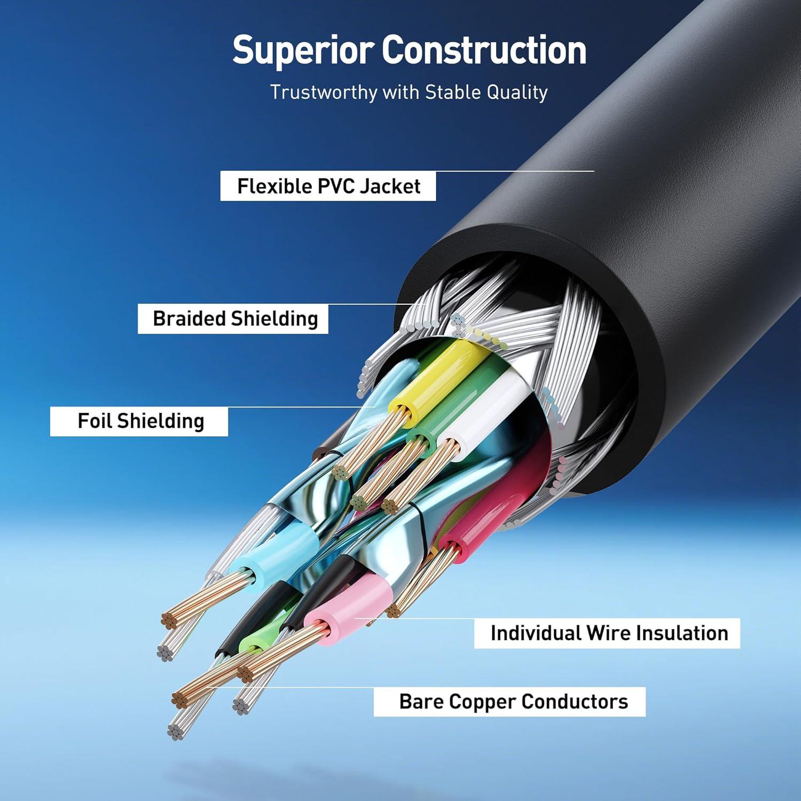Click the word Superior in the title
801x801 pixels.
tap(303, 51)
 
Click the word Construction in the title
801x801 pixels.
tap(484, 50)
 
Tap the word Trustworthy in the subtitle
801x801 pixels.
tap(323, 92)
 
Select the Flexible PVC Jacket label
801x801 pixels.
tap(328, 186)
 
